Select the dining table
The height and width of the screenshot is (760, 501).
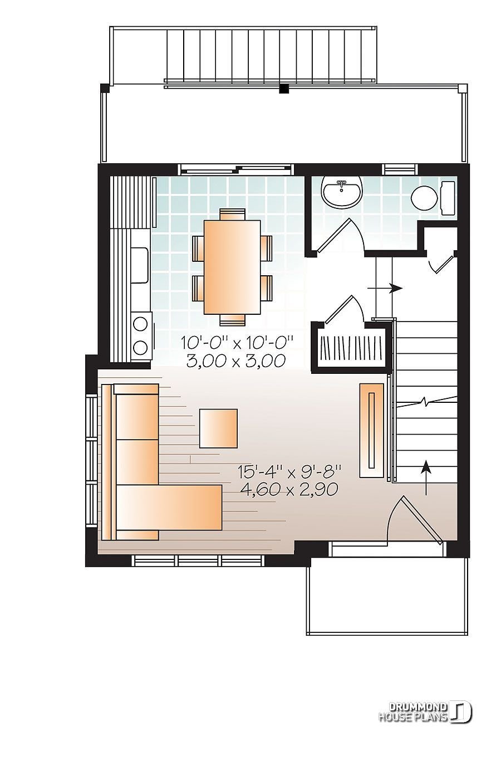click(x=232, y=267)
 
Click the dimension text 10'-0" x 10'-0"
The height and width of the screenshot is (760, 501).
click(x=236, y=343)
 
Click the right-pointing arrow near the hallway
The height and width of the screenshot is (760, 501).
click(x=385, y=288)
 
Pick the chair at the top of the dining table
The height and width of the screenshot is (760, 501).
click(x=232, y=215)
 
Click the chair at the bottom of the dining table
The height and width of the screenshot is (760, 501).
click(x=232, y=319)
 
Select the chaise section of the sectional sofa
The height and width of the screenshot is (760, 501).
click(x=169, y=507)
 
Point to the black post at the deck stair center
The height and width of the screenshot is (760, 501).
click(x=284, y=89)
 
